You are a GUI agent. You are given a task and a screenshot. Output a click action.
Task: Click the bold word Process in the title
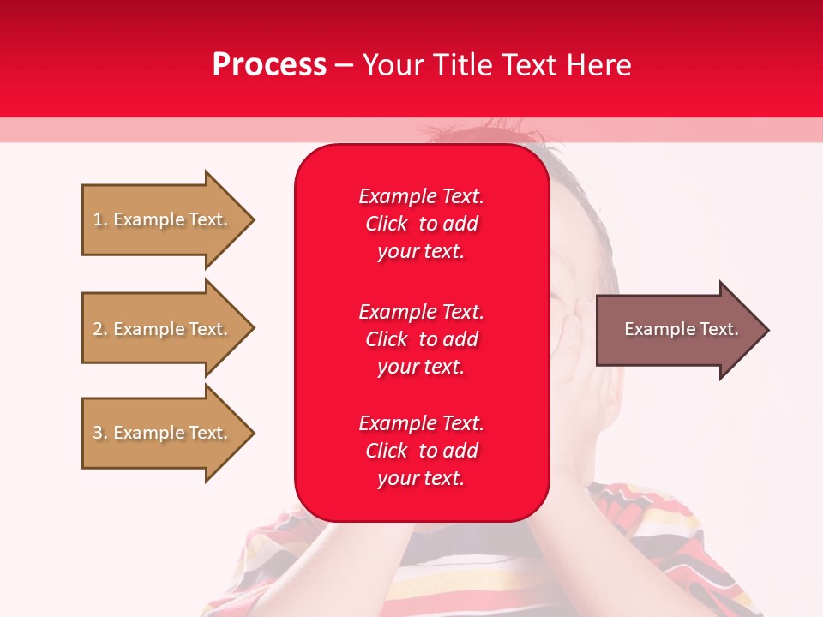coord(269,65)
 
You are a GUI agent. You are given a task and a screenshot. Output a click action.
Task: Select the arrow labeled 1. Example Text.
coord(167,219)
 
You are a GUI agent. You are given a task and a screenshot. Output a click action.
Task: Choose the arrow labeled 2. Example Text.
coord(167,329)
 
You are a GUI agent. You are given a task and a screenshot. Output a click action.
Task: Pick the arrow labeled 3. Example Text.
coord(167,433)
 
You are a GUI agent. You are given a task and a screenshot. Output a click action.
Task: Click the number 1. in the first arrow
coord(100,219)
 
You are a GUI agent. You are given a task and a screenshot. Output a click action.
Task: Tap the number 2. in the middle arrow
coord(100,329)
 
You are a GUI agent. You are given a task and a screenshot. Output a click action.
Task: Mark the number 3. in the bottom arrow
coord(100,433)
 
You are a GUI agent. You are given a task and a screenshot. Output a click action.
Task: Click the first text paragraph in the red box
coord(421,224)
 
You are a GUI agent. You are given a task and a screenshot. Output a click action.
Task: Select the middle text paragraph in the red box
coord(421,339)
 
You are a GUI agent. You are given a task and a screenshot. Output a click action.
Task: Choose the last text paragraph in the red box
coord(421,451)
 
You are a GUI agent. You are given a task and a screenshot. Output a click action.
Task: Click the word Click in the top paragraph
coord(387,224)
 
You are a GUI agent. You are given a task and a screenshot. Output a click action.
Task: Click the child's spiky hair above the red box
coord(463,133)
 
